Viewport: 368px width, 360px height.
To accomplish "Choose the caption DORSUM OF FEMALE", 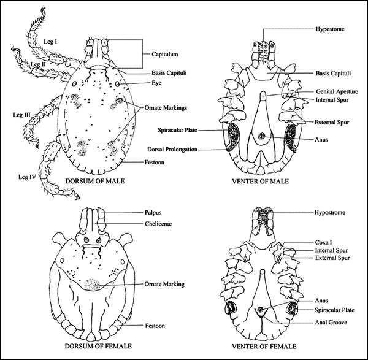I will point(96,350).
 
